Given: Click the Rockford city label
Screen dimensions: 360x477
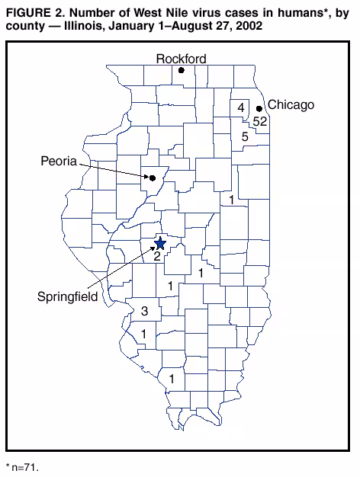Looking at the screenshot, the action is pos(181,59).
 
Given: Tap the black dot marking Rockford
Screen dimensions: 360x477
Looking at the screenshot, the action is pos(182,71).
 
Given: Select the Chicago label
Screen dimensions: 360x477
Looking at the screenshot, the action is pos(291,105).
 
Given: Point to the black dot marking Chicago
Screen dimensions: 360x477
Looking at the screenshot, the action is pos(259,109).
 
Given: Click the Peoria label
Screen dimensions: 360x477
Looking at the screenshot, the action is pos(59,161).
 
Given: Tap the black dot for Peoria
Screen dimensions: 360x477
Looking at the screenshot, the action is pos(152,178).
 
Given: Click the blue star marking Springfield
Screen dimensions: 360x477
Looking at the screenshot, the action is pos(159,244).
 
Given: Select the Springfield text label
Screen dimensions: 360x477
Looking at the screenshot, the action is pos(67,296).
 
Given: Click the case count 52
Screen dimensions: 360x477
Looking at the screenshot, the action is pos(260,121).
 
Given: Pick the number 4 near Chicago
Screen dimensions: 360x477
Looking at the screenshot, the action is pos(241,108).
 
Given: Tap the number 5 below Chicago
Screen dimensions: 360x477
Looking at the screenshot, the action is pos(245,137).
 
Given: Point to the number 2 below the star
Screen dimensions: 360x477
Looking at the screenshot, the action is pos(156,257).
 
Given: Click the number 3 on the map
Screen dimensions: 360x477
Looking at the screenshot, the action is pos(144,311).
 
